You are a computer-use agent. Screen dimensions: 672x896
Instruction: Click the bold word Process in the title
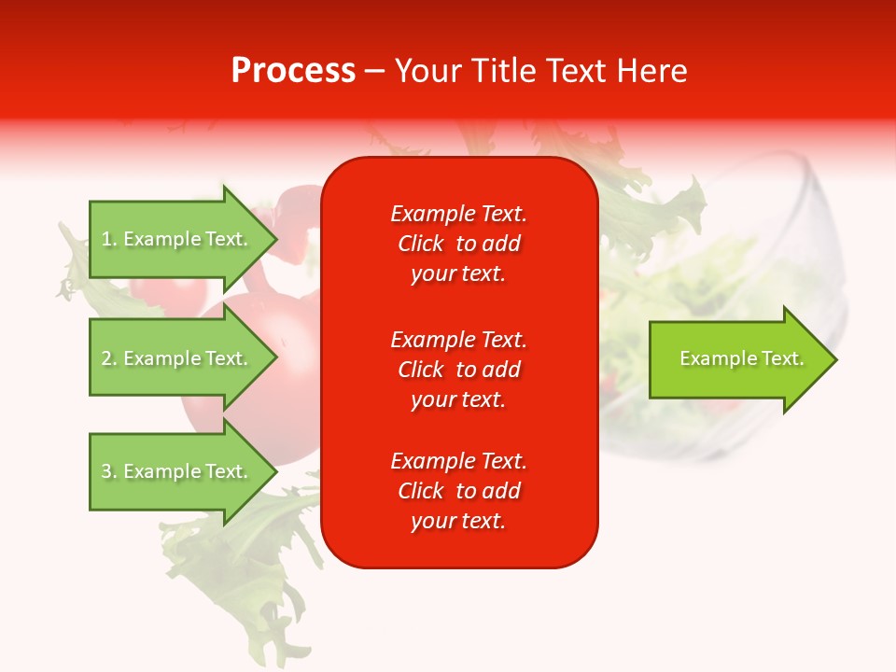[x=293, y=71]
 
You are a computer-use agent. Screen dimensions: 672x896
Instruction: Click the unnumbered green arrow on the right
[x=737, y=359]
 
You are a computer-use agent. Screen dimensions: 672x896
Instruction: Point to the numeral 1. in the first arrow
[x=108, y=239]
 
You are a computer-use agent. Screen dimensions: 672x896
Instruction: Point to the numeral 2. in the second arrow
[x=108, y=358]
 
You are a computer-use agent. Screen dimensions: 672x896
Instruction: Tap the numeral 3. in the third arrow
[x=108, y=471]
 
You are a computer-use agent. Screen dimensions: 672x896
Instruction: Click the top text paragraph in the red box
[x=458, y=244]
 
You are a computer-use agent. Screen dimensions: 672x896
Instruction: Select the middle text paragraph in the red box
[x=458, y=370]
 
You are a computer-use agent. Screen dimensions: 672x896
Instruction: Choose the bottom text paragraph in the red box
[x=458, y=491]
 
